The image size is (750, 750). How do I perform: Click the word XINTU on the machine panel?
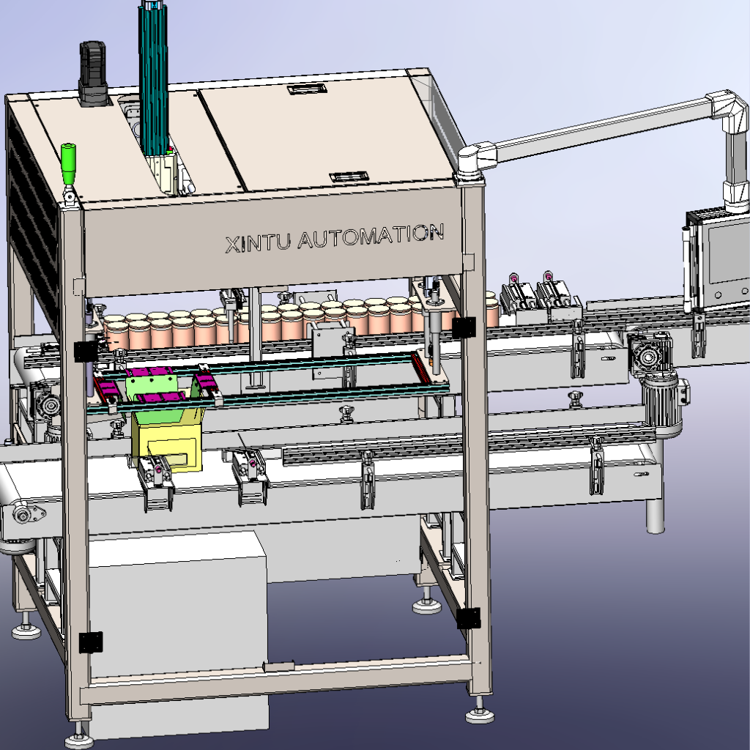(x=258, y=242)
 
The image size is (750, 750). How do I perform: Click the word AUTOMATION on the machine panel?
(x=371, y=236)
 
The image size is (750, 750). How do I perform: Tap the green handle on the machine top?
(x=68, y=163)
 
